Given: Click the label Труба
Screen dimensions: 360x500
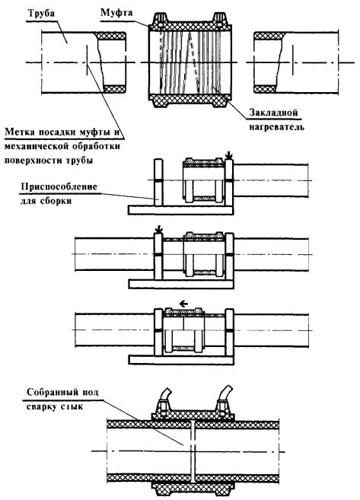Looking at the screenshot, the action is [x=41, y=14].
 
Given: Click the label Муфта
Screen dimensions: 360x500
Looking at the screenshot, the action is [x=116, y=13].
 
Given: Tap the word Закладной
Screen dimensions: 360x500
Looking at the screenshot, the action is [x=273, y=113].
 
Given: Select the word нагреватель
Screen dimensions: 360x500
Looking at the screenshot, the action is [x=277, y=127].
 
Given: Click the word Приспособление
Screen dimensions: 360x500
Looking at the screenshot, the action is [x=59, y=186].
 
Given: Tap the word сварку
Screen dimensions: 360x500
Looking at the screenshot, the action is [x=41, y=407].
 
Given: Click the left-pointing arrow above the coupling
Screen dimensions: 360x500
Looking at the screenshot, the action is [x=183, y=304].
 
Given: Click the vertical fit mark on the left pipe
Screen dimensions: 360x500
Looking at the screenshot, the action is [x=87, y=60].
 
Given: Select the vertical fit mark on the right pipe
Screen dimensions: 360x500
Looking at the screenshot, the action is [x=293, y=60].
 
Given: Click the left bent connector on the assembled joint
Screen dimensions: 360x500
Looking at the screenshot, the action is [x=166, y=393].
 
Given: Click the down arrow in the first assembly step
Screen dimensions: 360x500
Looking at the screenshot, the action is [x=228, y=155].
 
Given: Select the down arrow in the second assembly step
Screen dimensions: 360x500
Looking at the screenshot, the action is [x=158, y=229].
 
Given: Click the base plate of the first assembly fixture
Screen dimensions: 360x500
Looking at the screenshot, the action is [x=181, y=210].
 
